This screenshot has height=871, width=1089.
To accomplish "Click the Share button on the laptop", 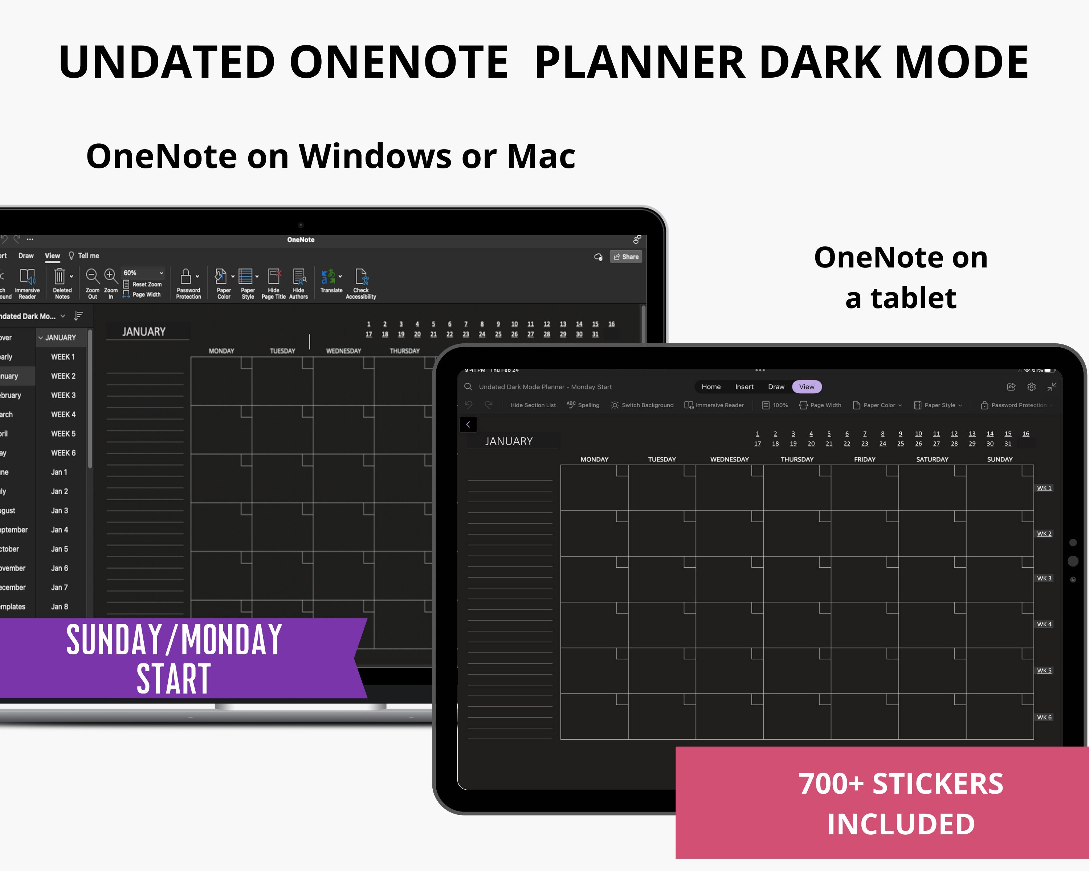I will click(626, 257).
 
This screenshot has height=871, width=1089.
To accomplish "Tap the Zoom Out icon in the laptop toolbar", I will click(92, 276).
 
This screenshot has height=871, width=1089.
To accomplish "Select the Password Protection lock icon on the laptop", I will click(186, 276).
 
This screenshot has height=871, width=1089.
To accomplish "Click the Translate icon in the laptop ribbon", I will click(328, 277).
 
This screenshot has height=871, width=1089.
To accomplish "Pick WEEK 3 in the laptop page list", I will click(63, 395).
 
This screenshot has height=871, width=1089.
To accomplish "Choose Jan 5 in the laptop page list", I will click(59, 549).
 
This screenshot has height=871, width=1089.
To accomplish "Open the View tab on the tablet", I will click(807, 387).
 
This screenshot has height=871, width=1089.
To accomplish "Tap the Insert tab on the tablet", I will click(744, 387).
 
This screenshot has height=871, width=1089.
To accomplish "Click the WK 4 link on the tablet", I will click(1044, 625).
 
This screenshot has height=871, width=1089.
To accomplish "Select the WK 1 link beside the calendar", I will click(1044, 488).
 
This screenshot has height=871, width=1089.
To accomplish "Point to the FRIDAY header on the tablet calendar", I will click(865, 459).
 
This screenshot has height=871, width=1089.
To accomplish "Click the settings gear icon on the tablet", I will click(1031, 387).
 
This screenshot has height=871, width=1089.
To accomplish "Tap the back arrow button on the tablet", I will click(468, 425).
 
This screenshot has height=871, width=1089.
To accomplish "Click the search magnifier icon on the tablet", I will click(468, 387).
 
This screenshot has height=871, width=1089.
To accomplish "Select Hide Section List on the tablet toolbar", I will click(533, 405).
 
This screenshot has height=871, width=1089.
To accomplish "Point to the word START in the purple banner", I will click(174, 680).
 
